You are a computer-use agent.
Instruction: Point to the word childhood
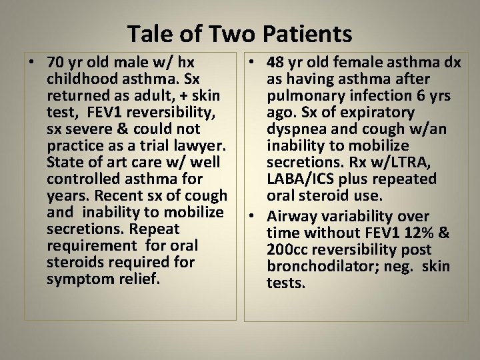[x=81, y=79]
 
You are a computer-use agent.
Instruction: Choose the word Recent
[x=119, y=196]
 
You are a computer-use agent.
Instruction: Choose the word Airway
[x=291, y=217]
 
